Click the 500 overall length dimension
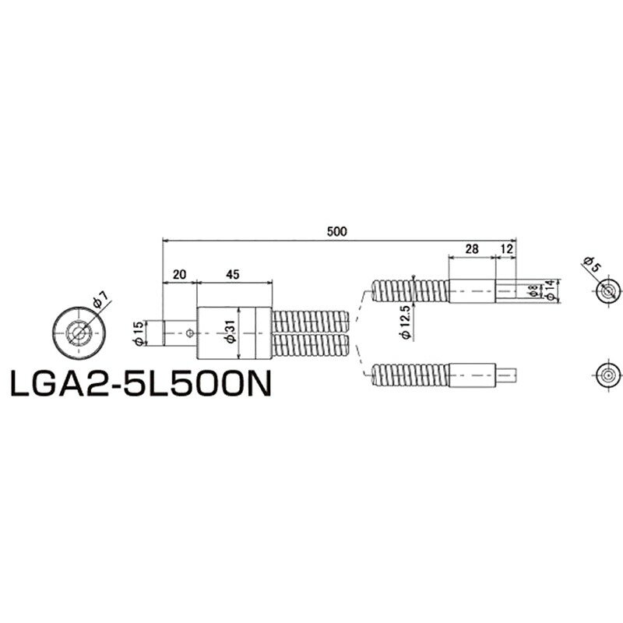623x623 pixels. pyautogui.click(x=336, y=231)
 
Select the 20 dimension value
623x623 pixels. pyautogui.click(x=179, y=274)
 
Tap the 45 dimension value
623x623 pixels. pyautogui.click(x=232, y=274)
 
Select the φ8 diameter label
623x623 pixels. pyautogui.click(x=532, y=290)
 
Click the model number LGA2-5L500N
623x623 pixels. pyautogui.click(x=140, y=383)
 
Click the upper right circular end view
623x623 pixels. pyautogui.click(x=607, y=291)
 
